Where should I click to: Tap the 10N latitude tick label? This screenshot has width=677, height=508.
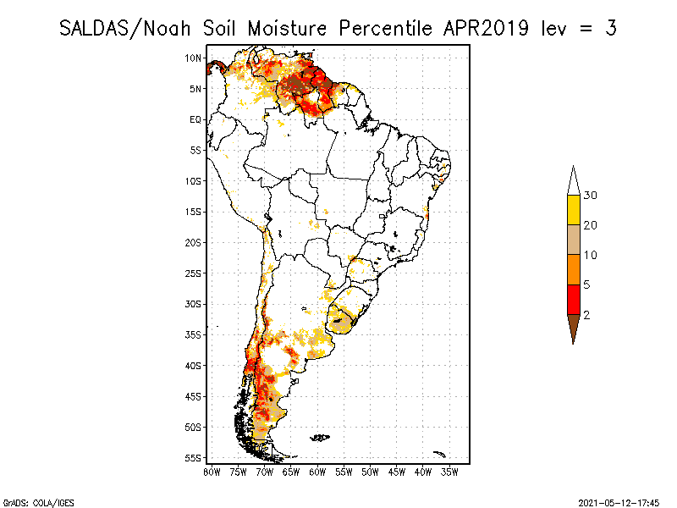[194, 58]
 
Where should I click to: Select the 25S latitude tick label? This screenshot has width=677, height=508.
[194, 273]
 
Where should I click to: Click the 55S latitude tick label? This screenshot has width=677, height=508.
[194, 457]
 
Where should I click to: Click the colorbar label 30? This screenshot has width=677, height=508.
[591, 196]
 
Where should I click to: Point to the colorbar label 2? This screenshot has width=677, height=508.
[586, 315]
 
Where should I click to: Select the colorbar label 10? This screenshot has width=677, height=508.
[591, 255]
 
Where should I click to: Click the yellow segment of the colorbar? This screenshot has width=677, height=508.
[573, 210]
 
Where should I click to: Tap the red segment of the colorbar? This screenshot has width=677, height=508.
[573, 299]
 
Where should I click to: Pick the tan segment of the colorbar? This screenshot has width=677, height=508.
[573, 240]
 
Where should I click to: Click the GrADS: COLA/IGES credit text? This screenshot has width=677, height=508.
[32, 501]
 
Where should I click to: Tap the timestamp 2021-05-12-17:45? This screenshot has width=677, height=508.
[619, 501]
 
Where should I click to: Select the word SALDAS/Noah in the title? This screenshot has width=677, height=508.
[127, 28]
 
